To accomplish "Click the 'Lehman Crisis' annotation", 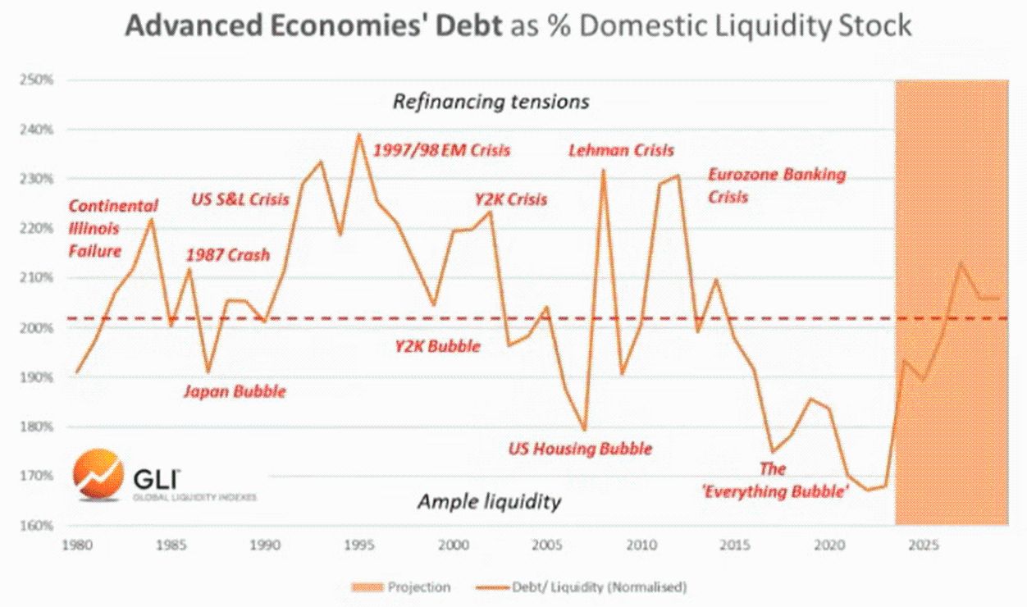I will pos(621,150).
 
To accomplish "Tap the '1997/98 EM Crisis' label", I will pos(441,150).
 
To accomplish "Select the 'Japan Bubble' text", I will pos(235,391).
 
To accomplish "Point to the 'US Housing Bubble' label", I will pos(580,449).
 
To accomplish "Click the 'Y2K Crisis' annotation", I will pos(510,199).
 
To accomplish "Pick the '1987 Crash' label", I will pos(228,254).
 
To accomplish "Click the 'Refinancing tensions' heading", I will pos(491,102).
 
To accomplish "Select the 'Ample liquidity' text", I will pos(489,501).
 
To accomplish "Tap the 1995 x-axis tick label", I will pos(358,544).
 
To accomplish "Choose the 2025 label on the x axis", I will pos(924,544).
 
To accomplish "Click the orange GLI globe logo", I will pos(98,475).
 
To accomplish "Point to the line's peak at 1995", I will pos(358,134).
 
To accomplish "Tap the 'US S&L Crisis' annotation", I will pos(240,199).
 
